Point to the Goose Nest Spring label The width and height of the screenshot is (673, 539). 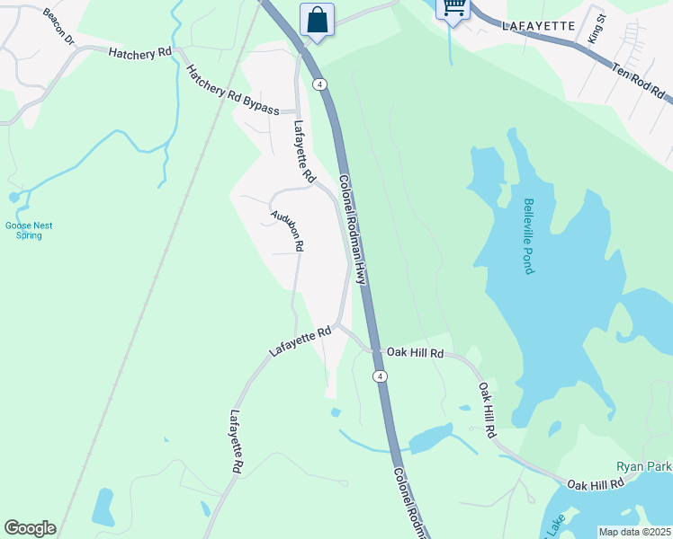click(x=24, y=231)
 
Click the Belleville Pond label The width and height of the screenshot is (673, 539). click(x=529, y=235)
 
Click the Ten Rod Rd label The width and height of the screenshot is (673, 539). click(x=638, y=81)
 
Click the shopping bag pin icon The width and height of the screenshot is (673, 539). click(x=317, y=18)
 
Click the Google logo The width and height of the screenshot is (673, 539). click(x=30, y=528)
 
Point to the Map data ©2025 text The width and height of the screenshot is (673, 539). click(x=634, y=532)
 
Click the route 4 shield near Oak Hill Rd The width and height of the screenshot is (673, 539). click(x=381, y=376)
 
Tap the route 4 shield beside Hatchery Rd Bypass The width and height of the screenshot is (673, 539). click(x=319, y=84)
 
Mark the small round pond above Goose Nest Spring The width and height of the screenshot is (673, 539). click(x=13, y=197)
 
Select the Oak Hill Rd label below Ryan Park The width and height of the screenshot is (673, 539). click(x=595, y=485)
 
